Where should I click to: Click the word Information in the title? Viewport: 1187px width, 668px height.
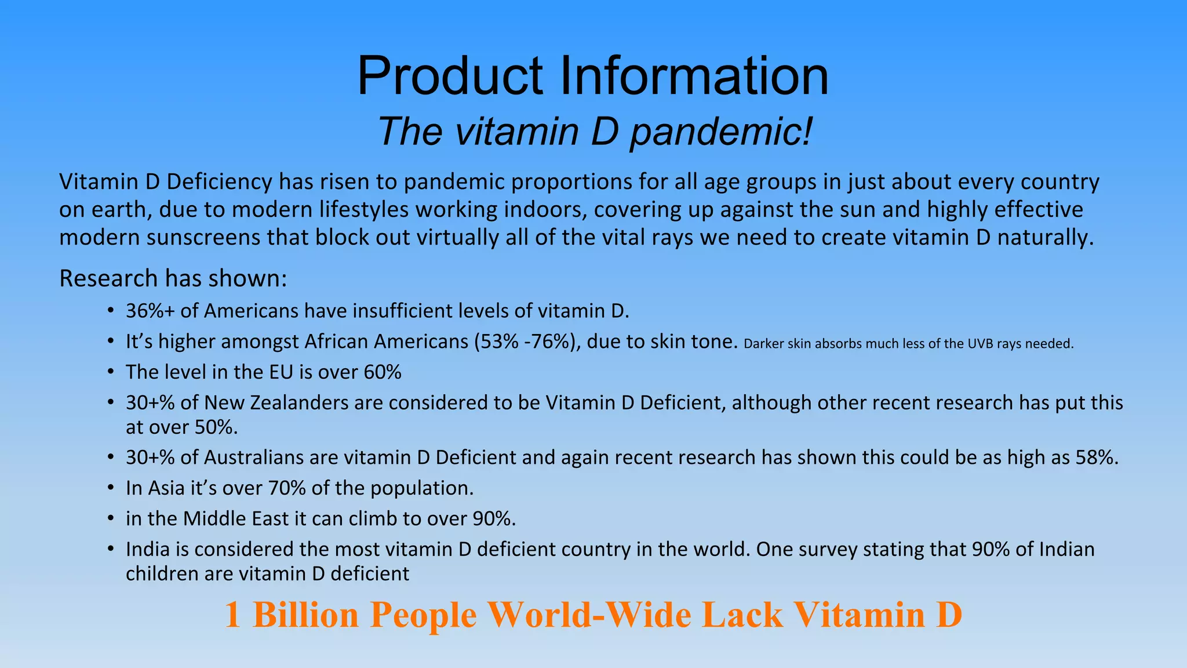(694, 76)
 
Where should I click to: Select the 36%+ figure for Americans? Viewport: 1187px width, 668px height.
(150, 311)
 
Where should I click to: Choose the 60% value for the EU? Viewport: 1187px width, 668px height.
(383, 372)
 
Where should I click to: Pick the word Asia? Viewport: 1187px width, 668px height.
(166, 488)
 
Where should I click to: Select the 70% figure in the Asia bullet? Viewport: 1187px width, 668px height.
(287, 488)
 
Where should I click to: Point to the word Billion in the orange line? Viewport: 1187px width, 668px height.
(306, 615)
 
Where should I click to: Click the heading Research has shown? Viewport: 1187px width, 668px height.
(173, 278)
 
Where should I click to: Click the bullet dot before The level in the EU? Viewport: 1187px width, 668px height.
(110, 372)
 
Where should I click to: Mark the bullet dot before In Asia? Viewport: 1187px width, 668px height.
(110, 488)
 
